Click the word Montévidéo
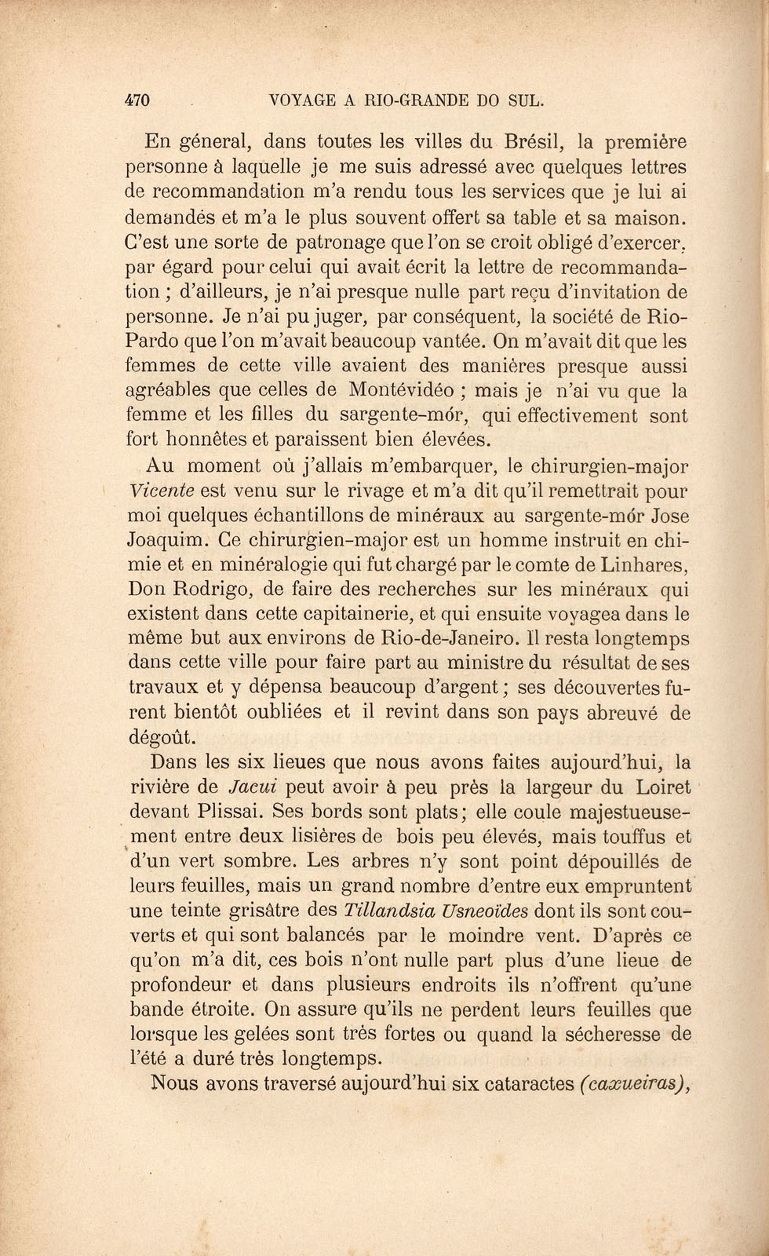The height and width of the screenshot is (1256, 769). click(406, 390)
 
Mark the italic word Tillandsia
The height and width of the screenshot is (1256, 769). click(393, 911)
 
